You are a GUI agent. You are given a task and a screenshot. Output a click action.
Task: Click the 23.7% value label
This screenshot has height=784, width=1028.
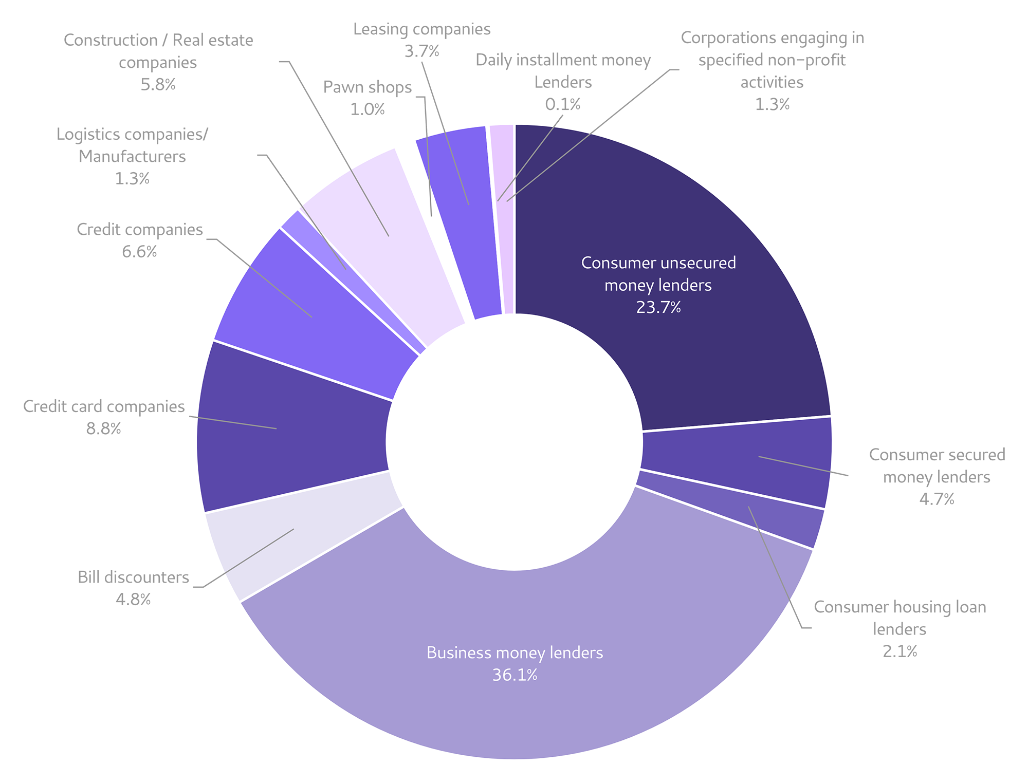pos(658,307)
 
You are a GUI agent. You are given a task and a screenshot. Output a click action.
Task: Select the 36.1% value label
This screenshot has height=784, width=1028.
pos(515,675)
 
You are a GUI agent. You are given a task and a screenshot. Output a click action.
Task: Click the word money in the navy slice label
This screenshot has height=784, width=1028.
pos(628,285)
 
